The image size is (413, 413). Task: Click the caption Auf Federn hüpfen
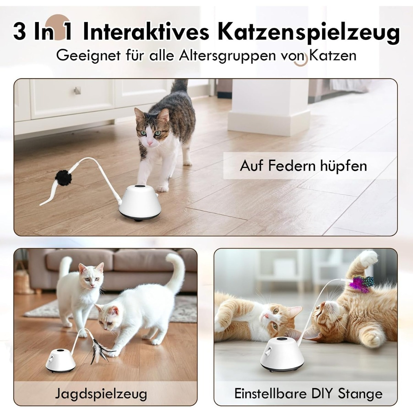click(x=303, y=166)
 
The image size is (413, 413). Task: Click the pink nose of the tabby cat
click(x=150, y=143)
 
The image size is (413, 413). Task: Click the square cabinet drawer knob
click(x=78, y=90)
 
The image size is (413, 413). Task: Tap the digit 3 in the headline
click(x=19, y=32)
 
